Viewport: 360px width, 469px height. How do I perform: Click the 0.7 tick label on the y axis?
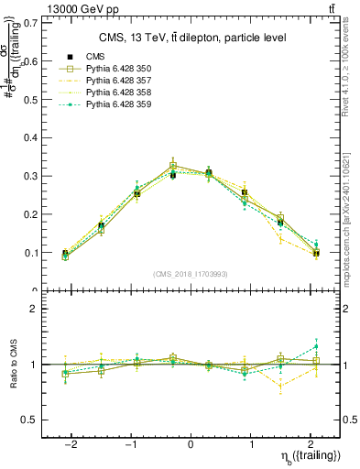(x=30, y=22)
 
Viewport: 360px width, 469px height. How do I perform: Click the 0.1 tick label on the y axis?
(x=30, y=253)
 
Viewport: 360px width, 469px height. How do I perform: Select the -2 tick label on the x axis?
(x=71, y=444)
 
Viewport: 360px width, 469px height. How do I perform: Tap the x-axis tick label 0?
(x=191, y=444)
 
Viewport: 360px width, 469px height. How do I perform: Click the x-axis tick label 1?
(x=250, y=444)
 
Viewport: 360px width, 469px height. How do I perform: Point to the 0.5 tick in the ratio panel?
(x=30, y=420)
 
